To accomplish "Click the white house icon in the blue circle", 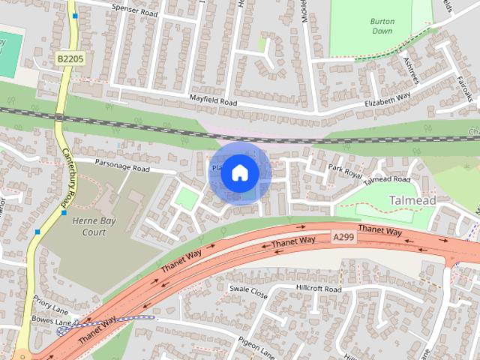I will click(x=240, y=172).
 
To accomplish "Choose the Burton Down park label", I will click(x=382, y=26).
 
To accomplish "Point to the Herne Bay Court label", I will click(x=89, y=226).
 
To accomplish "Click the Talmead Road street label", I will click(x=386, y=181).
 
